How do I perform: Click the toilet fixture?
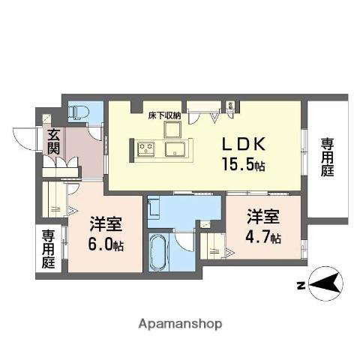coord(79,112)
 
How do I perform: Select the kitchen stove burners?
coord(146,148)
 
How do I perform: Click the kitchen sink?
coord(177,148)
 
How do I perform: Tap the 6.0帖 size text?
coord(107,244)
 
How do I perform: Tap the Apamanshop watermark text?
coord(180,324)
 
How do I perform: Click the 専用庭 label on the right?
coord(328,156)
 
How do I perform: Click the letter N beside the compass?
coord(298,284)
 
